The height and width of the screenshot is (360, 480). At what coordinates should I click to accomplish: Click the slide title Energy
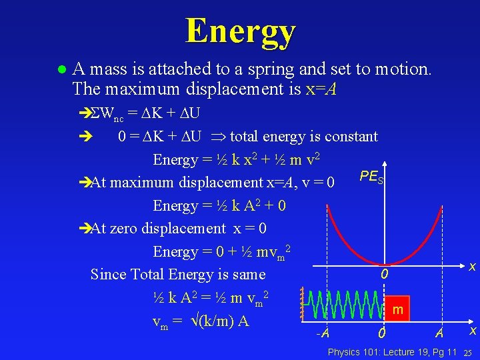tap(240, 31)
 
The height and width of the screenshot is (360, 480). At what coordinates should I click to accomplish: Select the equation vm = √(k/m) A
tap(201, 321)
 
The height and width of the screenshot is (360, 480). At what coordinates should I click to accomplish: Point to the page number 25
tap(467, 352)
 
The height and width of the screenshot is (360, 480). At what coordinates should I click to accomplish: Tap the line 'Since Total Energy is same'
tap(178, 274)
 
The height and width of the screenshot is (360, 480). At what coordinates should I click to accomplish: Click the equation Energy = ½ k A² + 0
tap(219, 205)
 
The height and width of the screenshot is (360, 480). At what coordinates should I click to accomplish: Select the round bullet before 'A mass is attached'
tap(61, 69)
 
